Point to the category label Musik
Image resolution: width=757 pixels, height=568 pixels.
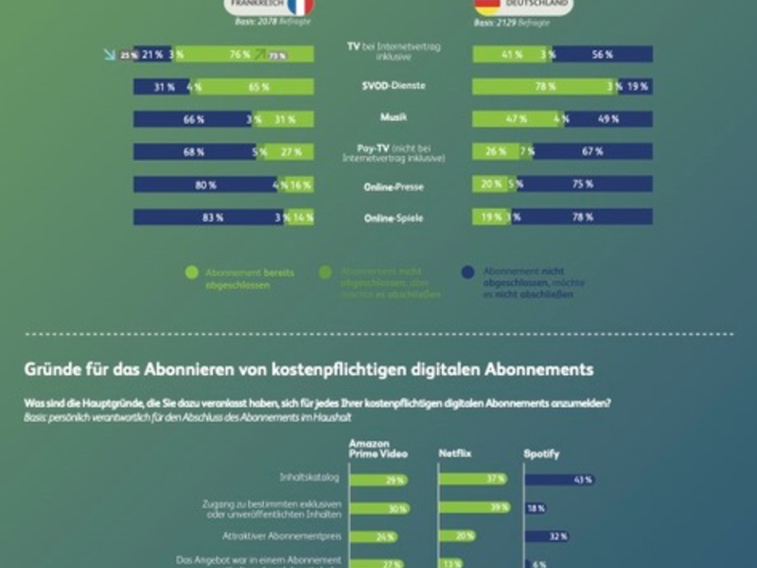tap(393, 118)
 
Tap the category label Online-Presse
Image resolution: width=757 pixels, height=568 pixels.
tap(393, 186)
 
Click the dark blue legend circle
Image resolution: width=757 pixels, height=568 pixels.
tap(467, 273)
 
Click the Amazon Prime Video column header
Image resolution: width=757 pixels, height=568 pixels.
tap(379, 449)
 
